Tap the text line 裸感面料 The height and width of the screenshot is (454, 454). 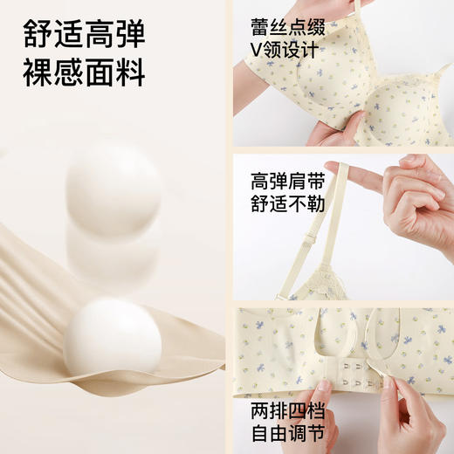tap(86, 74)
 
